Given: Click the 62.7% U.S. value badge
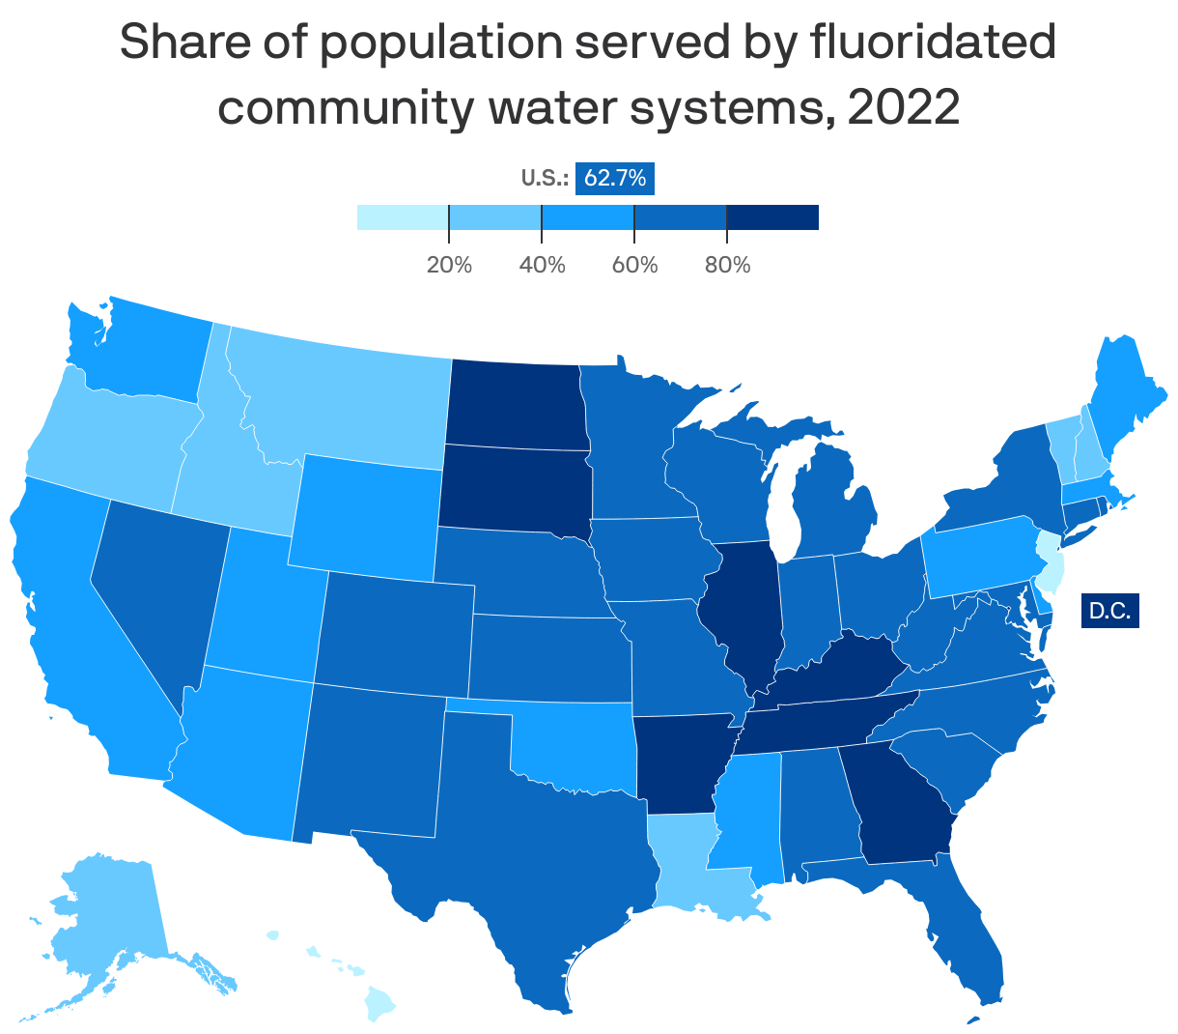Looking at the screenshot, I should [x=615, y=179].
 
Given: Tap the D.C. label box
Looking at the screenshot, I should [x=1109, y=611].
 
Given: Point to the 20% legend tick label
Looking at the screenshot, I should [x=449, y=265].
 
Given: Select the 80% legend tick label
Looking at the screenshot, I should [x=727, y=265].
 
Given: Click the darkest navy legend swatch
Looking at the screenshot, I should [x=771, y=217].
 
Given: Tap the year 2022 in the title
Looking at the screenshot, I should [x=904, y=108].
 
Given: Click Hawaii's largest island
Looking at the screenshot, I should [x=381, y=1010].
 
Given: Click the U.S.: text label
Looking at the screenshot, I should [x=545, y=179].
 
